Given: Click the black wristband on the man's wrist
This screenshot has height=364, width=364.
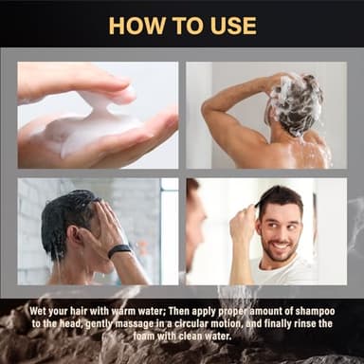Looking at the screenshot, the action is click(119, 251).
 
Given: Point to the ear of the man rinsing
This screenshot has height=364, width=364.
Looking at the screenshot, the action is click(77, 236).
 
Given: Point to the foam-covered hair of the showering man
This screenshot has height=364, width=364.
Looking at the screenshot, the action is click(296, 100).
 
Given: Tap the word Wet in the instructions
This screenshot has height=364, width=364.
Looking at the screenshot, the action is click(37, 311).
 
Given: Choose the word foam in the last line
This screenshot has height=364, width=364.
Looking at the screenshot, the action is click(144, 336).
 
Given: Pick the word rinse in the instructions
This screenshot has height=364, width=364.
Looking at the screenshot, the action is click(302, 323).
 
